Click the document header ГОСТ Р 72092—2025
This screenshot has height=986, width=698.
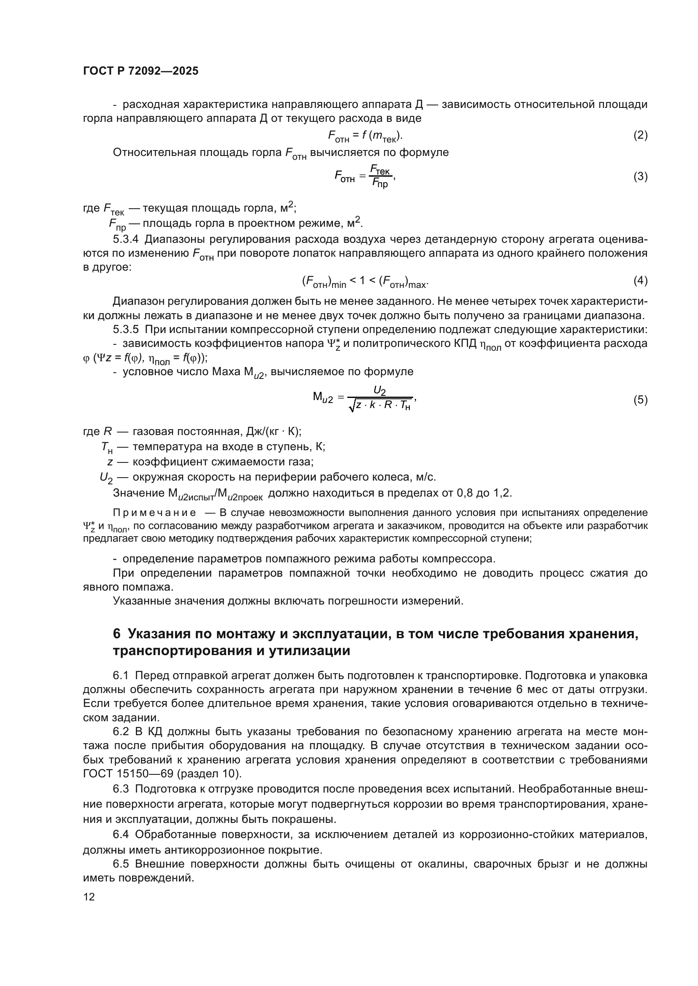(x=141, y=71)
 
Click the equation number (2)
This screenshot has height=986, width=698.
(x=641, y=135)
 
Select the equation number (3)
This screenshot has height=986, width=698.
(x=641, y=177)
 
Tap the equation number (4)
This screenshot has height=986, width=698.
(x=641, y=281)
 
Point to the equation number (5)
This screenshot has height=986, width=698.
(x=641, y=400)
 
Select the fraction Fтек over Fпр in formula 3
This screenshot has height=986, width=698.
(x=380, y=177)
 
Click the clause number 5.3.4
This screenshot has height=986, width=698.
(x=125, y=239)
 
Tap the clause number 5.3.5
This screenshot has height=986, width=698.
(x=125, y=329)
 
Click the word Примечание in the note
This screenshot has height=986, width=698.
(x=154, y=513)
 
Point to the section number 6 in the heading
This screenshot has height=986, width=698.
(x=116, y=634)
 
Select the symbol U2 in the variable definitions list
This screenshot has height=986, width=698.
(x=106, y=478)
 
